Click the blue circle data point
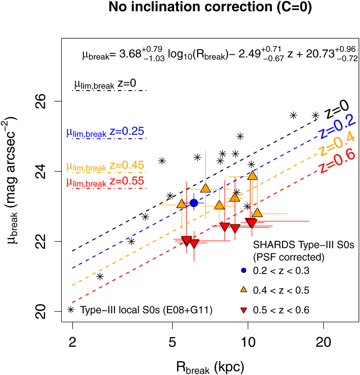(194, 203)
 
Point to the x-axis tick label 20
(323, 342)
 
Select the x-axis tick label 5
(172, 342)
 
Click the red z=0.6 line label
(338, 162)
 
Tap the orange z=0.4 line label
(338, 145)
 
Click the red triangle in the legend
(244, 310)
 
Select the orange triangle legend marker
(244, 290)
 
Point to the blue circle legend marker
(244, 271)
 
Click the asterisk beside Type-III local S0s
(71, 310)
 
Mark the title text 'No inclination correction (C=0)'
(210, 7)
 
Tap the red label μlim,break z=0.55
(105, 181)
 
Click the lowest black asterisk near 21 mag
(100, 276)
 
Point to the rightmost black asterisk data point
(315, 115)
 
